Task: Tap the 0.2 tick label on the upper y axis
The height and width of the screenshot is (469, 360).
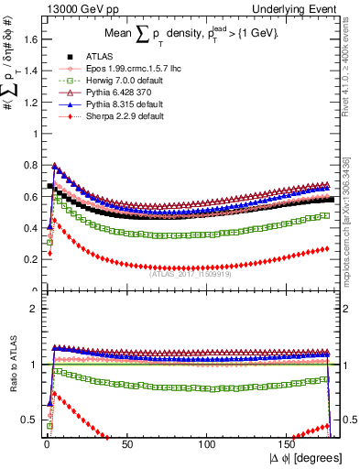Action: click(27, 260)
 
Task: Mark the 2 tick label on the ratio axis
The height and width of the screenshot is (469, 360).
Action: click(31, 309)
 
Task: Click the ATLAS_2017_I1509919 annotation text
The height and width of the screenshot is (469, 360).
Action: click(189, 271)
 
